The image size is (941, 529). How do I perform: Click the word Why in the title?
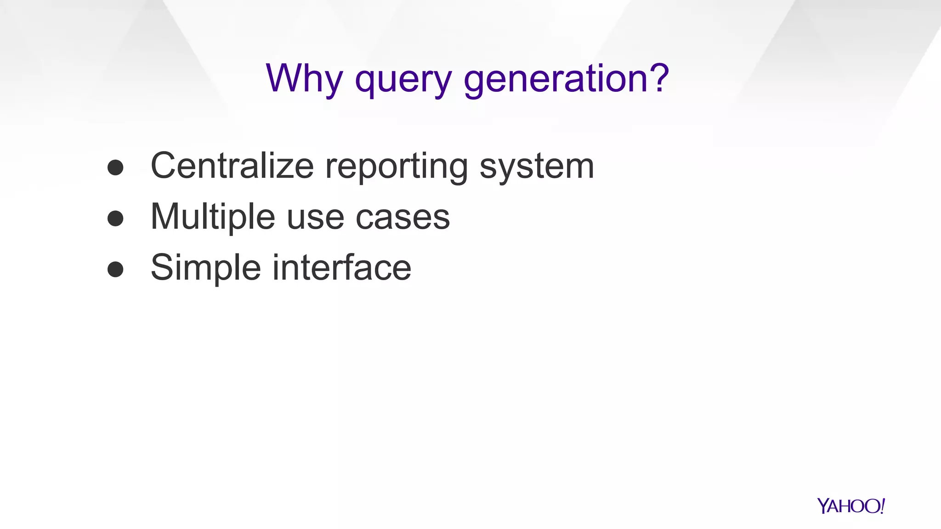pyautogui.click(x=304, y=78)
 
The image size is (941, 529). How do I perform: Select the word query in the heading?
pyautogui.click(x=403, y=79)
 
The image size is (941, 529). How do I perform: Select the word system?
pyautogui.click(x=537, y=167)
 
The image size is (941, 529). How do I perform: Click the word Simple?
pyautogui.click(x=205, y=268)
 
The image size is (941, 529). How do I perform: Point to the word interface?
pyautogui.click(x=342, y=267)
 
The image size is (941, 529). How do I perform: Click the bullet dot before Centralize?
pyautogui.click(x=115, y=168)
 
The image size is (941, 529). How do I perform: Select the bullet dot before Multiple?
pyautogui.click(x=115, y=219)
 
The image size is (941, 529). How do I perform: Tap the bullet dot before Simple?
pyautogui.click(x=115, y=270)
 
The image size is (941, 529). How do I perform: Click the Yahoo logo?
pyautogui.click(x=850, y=506)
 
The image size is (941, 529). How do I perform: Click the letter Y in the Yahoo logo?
pyautogui.click(x=823, y=506)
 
